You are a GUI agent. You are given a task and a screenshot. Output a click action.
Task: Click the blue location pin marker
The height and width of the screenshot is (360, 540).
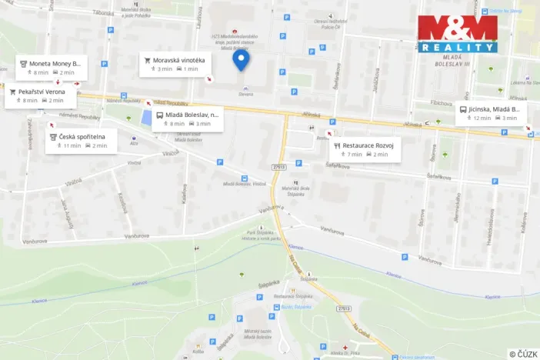point(241,59)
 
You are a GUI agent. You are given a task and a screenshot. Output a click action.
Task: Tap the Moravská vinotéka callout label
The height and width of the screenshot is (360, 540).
point(175,63)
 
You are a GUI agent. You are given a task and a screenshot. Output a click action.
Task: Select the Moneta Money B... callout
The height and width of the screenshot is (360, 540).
point(52,67)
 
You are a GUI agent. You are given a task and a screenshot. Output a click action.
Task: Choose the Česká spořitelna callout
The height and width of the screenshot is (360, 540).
point(81,140)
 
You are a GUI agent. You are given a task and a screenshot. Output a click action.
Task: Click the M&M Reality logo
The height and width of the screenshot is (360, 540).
point(458,34)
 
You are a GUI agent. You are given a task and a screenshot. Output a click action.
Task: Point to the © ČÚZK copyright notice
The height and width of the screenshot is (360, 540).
point(522,353)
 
